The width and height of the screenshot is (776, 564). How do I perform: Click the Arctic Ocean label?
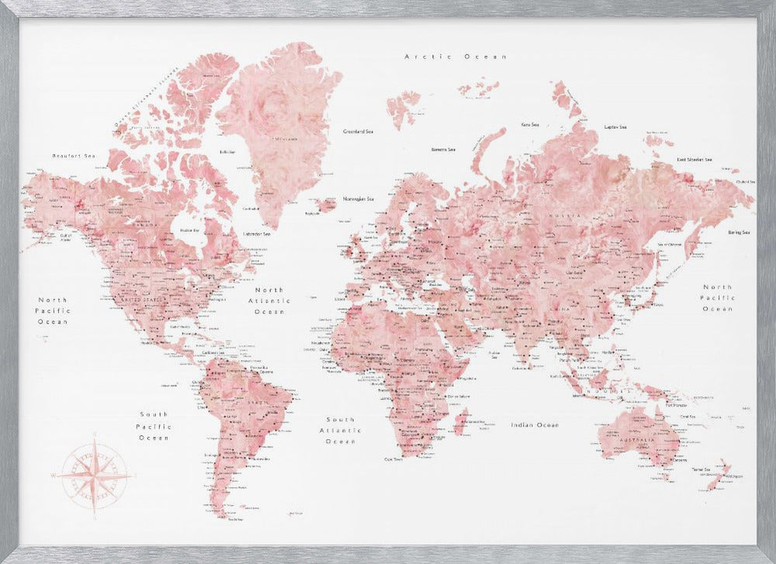(x=456, y=57)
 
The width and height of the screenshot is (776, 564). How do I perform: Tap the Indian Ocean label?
(x=535, y=425)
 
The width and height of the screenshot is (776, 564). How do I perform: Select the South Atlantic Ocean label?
(x=340, y=430)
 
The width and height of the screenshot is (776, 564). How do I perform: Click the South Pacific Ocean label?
(x=153, y=426)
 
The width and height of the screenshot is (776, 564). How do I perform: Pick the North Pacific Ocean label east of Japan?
(x=717, y=298)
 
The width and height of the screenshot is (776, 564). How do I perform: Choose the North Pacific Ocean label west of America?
(x=53, y=310)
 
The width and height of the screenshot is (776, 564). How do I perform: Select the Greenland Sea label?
(x=359, y=132)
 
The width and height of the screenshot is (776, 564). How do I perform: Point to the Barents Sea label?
(x=443, y=149)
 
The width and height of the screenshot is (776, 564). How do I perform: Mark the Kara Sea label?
(x=530, y=124)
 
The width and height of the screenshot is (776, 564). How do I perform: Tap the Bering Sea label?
(x=738, y=233)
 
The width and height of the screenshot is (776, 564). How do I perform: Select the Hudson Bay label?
(x=189, y=230)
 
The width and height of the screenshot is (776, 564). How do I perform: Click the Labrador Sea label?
(x=256, y=234)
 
